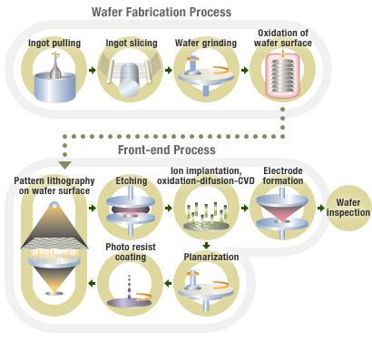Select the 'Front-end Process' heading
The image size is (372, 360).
[x=166, y=150]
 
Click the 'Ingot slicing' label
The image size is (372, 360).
[x=130, y=42]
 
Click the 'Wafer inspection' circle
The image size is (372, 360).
[x=347, y=207]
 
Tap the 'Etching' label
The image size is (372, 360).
[x=132, y=180]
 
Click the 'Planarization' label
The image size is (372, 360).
[x=208, y=257]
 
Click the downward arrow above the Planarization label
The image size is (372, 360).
[x=207, y=245]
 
